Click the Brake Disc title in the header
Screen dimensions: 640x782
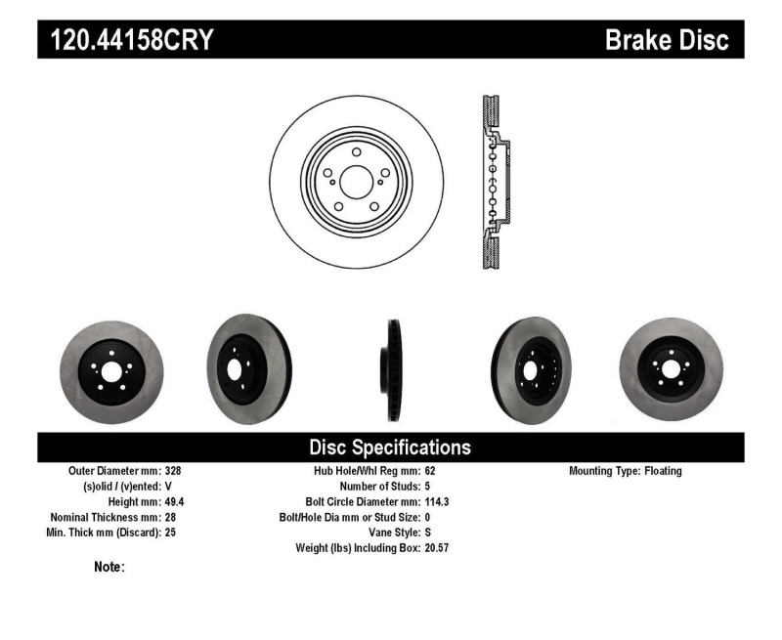pos(667,40)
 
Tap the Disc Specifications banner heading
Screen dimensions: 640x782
pos(390,448)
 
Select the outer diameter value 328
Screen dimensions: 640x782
pos(174,471)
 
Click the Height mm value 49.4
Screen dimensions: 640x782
pos(176,501)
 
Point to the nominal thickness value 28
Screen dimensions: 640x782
pos(171,517)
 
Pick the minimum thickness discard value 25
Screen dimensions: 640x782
pos(171,533)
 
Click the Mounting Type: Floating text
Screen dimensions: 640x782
pos(626,471)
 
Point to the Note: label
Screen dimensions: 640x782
pos(109,567)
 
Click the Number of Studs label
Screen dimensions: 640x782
pos(379,486)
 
